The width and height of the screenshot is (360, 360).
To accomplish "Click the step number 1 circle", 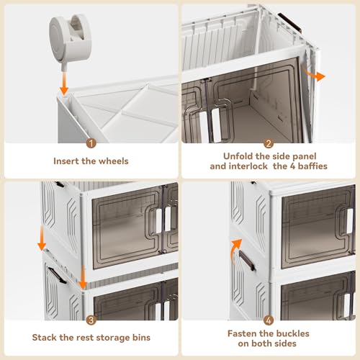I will pos(90,143).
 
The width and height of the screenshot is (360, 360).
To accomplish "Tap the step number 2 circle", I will pos(268,143).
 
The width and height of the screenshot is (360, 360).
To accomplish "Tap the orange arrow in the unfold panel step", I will pos(315,75).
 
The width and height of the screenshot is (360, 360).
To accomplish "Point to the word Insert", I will pos(68,161).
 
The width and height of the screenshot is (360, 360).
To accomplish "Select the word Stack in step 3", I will pos(48,336).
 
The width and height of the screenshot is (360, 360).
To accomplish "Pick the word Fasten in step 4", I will pos(244,333).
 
